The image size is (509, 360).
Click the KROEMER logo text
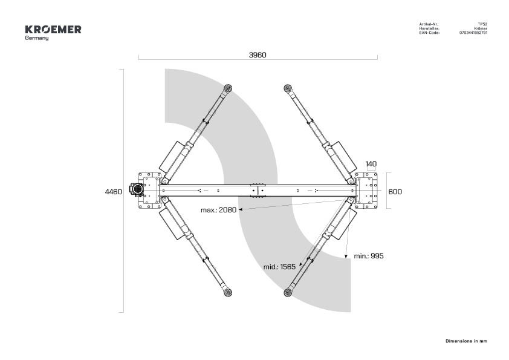53,30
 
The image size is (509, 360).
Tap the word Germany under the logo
37,38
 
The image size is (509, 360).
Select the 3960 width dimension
258,55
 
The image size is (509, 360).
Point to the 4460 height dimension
113,192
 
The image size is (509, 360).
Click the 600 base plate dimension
395,192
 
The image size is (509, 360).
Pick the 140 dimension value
371,164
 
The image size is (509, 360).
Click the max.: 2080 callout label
218,210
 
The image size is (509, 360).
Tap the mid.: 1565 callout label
279,267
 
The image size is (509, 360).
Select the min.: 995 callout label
369,256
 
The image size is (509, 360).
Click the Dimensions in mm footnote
467,341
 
